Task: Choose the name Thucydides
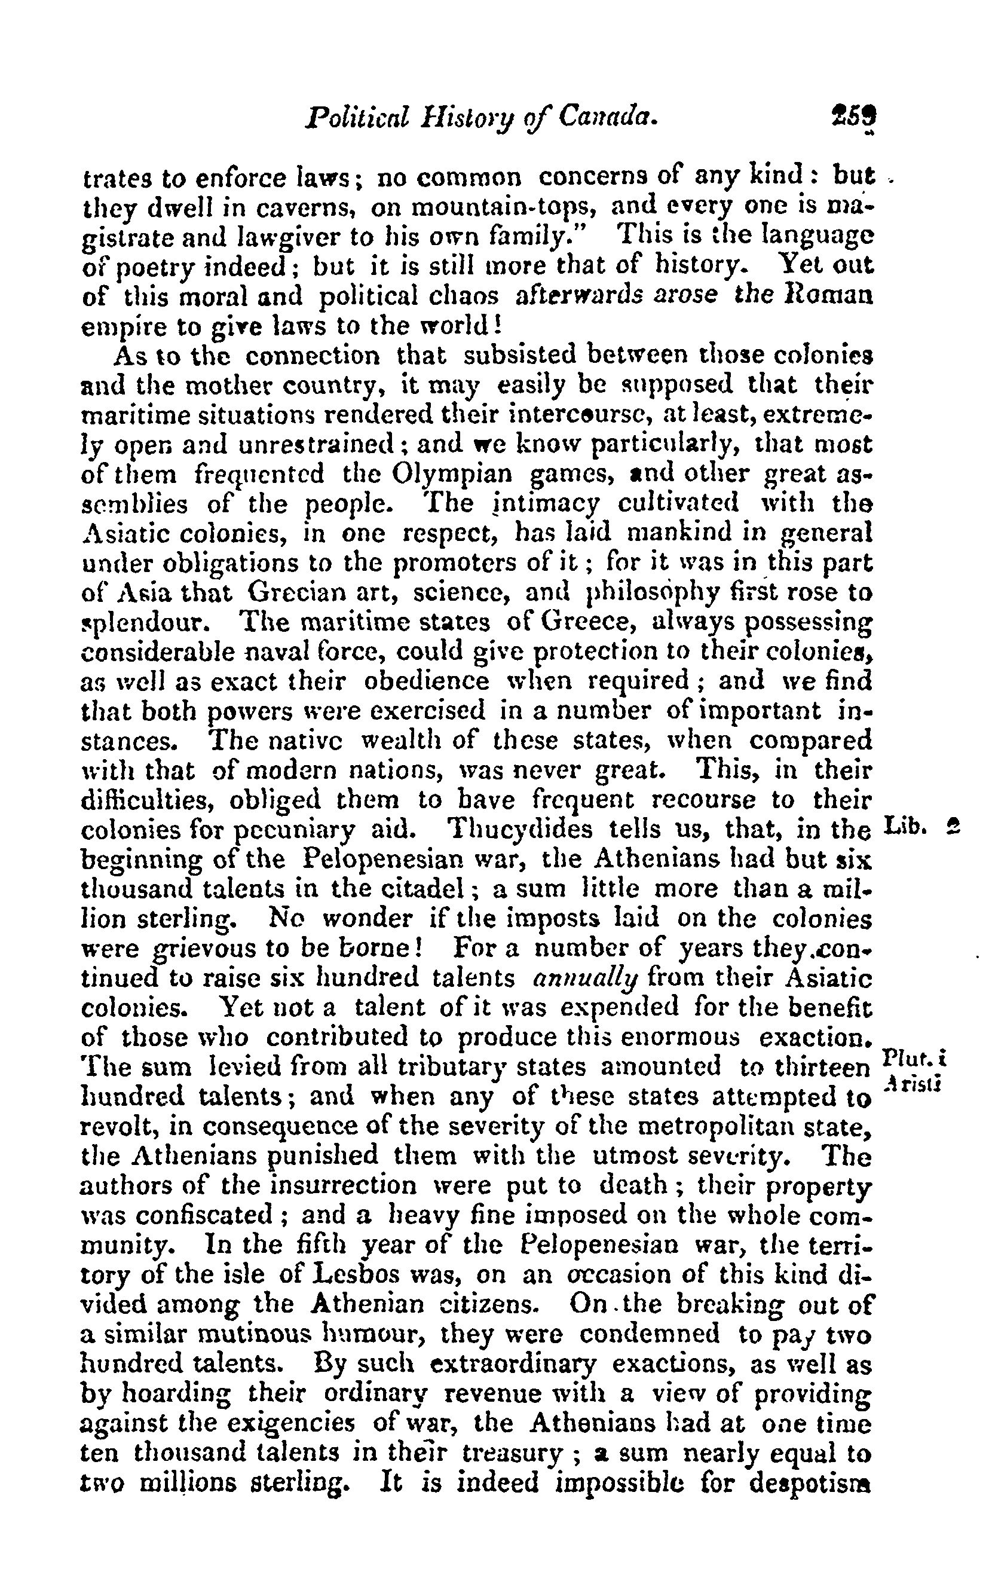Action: (x=519, y=830)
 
